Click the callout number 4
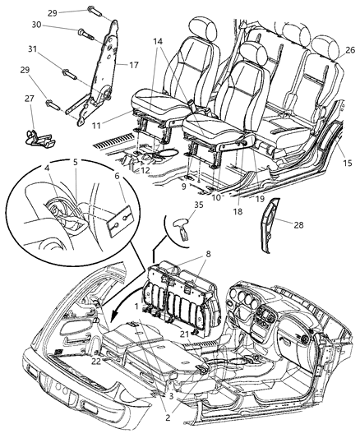(49, 170)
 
